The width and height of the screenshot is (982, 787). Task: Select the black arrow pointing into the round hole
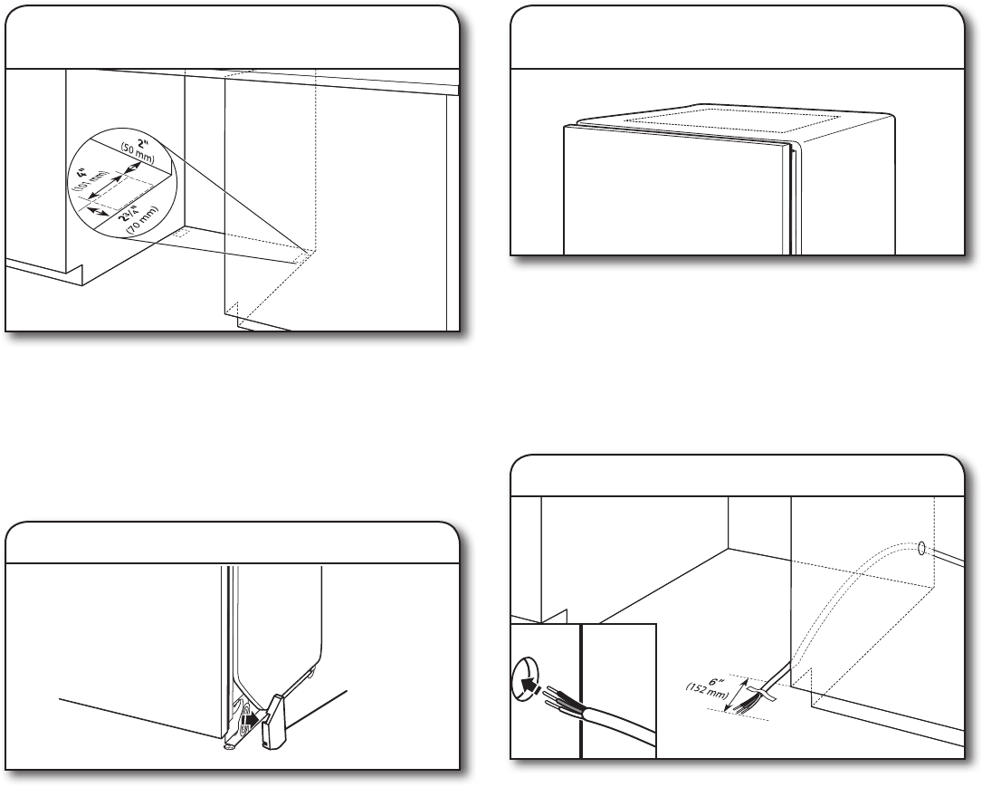[535, 686]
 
